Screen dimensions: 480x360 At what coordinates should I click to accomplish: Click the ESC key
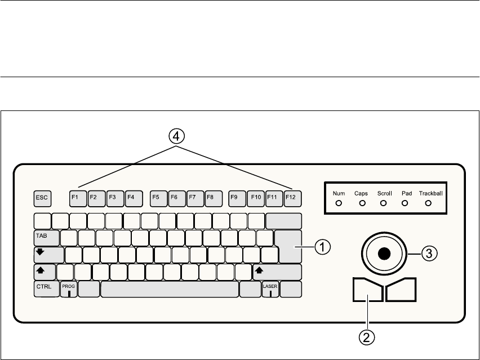pyautogui.click(x=42, y=198)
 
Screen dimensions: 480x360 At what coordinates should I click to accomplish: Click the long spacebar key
pyautogui.click(x=170, y=290)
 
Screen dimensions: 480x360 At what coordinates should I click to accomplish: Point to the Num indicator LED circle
pyautogui.click(x=339, y=203)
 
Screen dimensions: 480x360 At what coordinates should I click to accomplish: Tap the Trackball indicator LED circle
pyautogui.click(x=428, y=203)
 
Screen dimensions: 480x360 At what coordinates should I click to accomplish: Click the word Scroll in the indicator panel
pyautogui.click(x=384, y=193)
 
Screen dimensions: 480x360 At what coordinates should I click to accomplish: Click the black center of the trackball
pyautogui.click(x=384, y=254)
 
